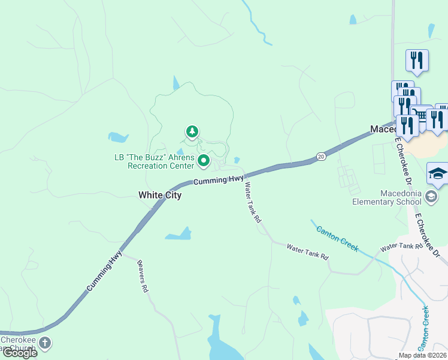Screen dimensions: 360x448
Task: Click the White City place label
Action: pos(159,195)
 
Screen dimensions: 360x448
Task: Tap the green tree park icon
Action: pos(192,131)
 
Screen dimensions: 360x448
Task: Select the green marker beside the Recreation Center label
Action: pos(204,160)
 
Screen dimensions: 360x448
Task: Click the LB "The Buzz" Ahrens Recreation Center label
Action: pos(155,161)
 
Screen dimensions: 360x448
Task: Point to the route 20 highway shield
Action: pos(321,157)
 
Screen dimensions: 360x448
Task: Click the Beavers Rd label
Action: pos(143,275)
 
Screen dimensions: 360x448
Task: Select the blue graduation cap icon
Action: pos(437,174)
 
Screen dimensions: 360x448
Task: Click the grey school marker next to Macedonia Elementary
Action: pos(431,197)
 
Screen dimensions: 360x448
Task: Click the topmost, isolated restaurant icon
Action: pos(417,60)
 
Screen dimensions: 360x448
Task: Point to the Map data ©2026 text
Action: pos(422,355)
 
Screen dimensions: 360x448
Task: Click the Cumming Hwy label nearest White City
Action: pos(218,179)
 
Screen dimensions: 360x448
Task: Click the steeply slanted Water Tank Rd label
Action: pos(252,203)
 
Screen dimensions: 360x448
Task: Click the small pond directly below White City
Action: pos(178,234)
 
